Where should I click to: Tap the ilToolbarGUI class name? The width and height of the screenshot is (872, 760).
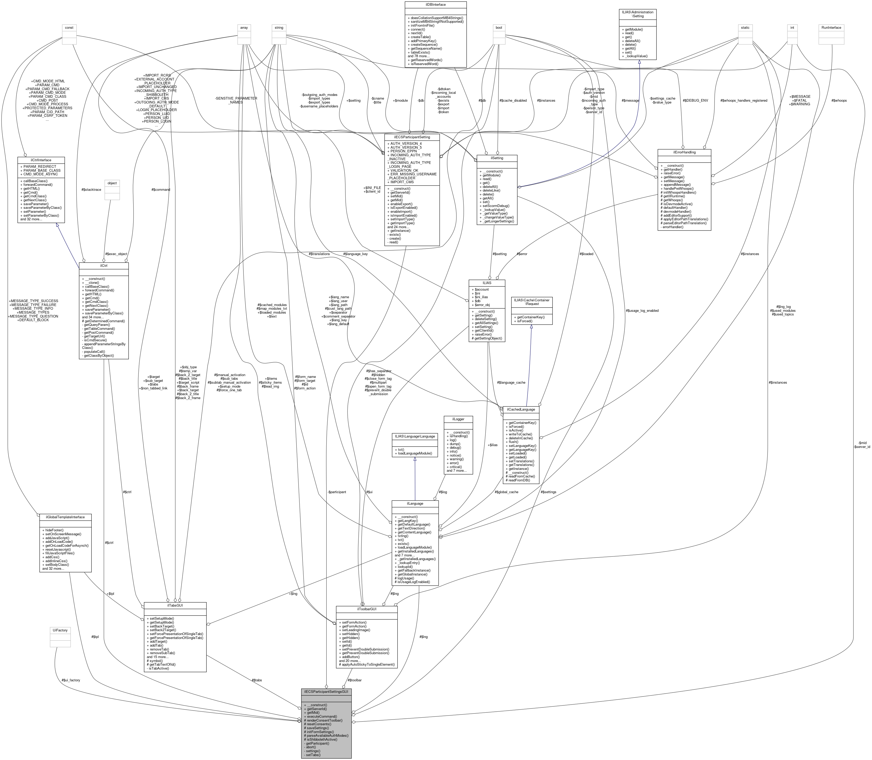point(367,609)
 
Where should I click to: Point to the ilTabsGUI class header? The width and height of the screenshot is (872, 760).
point(175,606)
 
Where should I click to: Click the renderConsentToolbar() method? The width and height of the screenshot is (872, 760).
point(325,720)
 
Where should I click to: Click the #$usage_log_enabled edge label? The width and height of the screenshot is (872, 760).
point(642,310)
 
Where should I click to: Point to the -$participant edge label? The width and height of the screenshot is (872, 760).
point(336,492)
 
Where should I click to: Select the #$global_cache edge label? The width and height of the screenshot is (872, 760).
point(506,492)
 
